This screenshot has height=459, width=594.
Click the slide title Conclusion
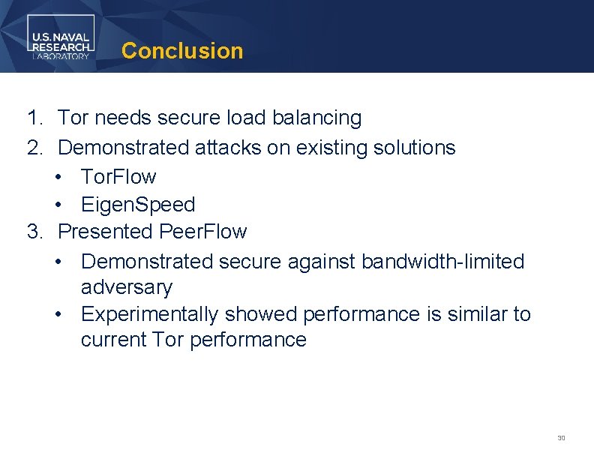(x=182, y=51)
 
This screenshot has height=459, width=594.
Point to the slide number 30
(x=560, y=438)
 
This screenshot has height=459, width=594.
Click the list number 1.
(x=34, y=118)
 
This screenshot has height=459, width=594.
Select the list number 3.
(x=34, y=232)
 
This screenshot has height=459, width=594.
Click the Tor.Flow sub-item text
(x=118, y=177)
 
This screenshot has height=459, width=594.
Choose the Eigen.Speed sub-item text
(x=138, y=205)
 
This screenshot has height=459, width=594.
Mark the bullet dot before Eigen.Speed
(x=58, y=205)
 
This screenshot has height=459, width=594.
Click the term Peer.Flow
(x=202, y=232)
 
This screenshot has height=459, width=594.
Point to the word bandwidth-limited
(x=442, y=262)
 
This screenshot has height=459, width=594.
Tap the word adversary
(x=126, y=287)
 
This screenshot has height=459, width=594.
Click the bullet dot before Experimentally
(x=58, y=314)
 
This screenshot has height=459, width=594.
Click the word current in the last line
(x=112, y=340)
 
